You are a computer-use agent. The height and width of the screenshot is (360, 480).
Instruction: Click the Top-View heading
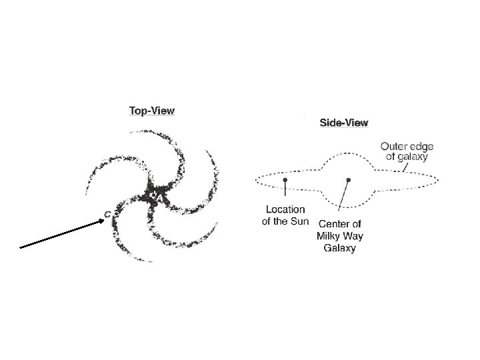click(152, 111)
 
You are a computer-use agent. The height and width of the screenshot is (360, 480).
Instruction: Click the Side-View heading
click(345, 123)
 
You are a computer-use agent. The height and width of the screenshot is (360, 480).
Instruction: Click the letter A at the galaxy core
click(157, 197)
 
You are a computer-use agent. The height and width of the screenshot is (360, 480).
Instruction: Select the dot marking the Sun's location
click(285, 180)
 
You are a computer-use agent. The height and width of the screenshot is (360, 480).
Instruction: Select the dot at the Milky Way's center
click(348, 180)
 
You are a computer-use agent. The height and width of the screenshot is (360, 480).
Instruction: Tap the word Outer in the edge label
click(393, 144)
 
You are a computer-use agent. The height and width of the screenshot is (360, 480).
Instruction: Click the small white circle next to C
click(113, 215)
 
